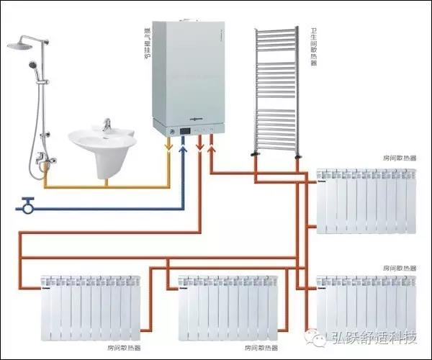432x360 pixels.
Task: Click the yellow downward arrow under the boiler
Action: tap(168, 148)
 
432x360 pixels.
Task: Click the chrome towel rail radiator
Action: tap(275, 90)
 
